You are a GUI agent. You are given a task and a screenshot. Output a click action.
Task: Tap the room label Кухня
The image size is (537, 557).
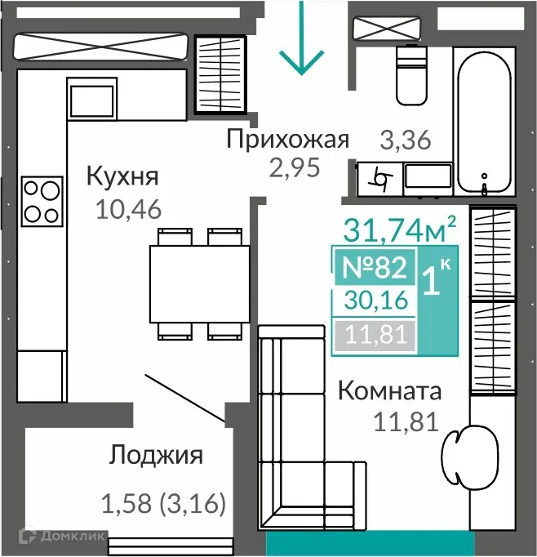[x=122, y=176]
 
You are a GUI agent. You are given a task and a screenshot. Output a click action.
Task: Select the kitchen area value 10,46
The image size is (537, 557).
[x=128, y=208]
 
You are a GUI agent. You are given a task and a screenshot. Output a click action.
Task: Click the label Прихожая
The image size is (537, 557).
[x=287, y=140]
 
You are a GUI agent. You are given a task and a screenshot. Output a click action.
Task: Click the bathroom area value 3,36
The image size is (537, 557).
[x=405, y=140]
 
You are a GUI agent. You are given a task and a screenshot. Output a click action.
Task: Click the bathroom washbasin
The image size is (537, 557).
[x=429, y=176]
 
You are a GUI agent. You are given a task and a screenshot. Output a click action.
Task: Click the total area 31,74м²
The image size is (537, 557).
[x=399, y=231]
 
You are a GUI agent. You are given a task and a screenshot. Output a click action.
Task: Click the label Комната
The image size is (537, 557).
[x=389, y=390]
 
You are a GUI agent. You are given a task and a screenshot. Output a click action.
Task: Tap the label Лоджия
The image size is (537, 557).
[x=155, y=456]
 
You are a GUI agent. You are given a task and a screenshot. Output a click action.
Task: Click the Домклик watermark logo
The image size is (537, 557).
[x=62, y=537]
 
